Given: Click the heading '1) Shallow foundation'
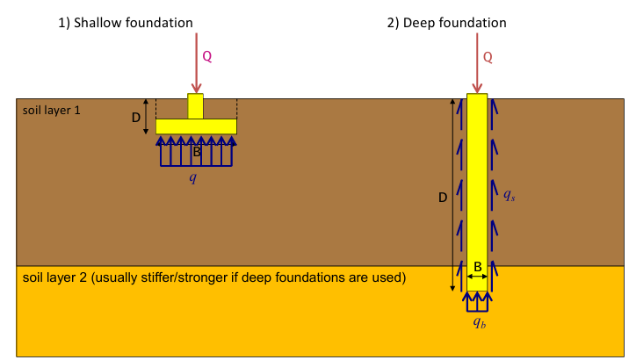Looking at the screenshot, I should (x=125, y=23).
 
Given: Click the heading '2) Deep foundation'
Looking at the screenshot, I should (x=446, y=23).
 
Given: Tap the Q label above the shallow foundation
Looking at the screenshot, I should (x=207, y=57).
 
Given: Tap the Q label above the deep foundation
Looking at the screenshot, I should (x=488, y=57).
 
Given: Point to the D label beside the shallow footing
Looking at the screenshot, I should (x=136, y=118).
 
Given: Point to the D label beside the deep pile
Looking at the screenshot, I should (x=442, y=198).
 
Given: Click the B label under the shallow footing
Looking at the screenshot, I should (x=197, y=152).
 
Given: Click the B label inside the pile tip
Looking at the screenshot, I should (x=477, y=265).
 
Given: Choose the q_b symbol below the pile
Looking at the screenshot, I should (x=478, y=323).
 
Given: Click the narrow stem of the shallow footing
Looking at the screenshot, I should (x=195, y=106).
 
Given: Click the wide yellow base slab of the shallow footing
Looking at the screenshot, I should (x=196, y=126).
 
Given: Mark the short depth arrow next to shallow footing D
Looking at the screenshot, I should (x=146, y=117).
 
